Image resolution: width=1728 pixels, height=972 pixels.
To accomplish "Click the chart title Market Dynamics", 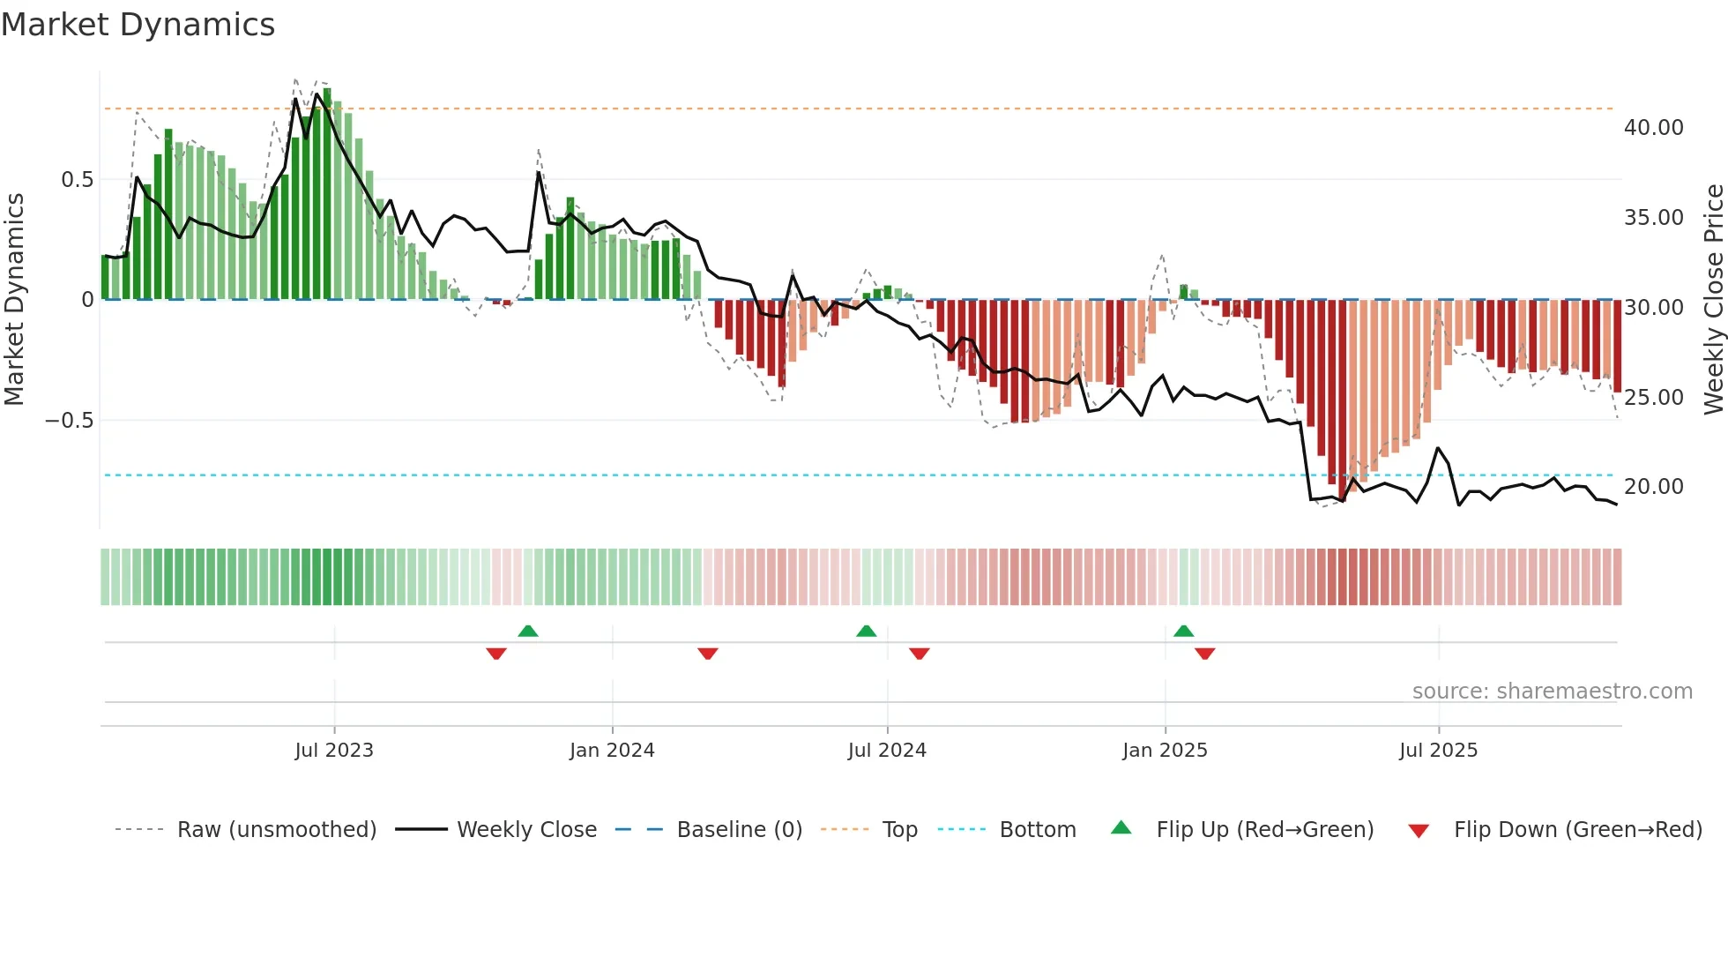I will tap(138, 25).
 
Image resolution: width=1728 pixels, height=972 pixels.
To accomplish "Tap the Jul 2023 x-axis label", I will tap(334, 751).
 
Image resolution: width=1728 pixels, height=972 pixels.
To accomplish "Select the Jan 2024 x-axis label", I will tap(612, 751).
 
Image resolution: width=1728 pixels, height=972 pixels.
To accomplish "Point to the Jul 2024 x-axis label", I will tap(887, 751).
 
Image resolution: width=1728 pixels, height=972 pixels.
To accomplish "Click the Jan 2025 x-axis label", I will tap(1165, 751).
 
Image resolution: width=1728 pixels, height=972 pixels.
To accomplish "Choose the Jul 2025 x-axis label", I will tap(1438, 751).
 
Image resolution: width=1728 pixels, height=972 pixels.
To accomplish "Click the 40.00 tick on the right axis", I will tap(1653, 128).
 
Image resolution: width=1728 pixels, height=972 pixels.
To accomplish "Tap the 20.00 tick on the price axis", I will tap(1653, 487).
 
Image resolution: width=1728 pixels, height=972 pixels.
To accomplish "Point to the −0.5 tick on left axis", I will tap(70, 421).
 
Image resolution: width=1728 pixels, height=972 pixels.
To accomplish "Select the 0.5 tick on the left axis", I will tap(77, 180).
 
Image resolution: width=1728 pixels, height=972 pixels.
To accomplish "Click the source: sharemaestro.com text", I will tap(1552, 692).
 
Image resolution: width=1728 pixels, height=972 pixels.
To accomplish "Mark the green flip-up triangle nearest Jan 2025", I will tap(1184, 632).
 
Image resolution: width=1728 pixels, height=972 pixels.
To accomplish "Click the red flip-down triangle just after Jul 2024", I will tap(920, 654).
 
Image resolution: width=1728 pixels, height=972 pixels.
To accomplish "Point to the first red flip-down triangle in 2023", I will tap(496, 654).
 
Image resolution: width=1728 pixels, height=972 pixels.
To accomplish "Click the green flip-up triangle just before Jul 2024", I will tap(867, 632).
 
